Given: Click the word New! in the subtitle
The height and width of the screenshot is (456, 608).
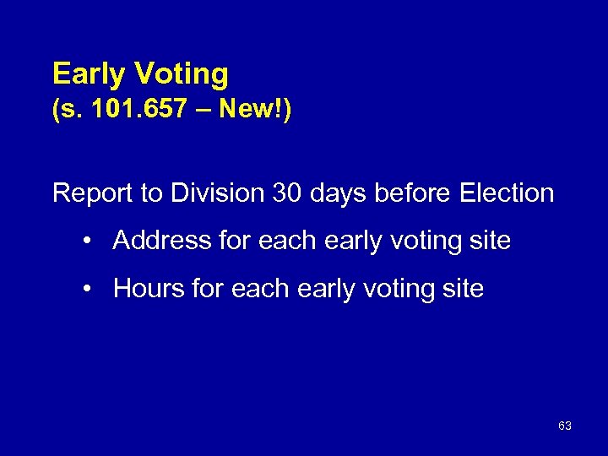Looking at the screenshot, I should pyautogui.click(x=259, y=112).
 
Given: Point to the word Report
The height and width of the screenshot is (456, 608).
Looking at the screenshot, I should pyautogui.click(x=92, y=193).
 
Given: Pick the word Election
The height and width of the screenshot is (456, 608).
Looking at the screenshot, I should pyautogui.click(x=508, y=193).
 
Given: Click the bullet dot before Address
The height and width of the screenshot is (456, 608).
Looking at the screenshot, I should pyautogui.click(x=88, y=242).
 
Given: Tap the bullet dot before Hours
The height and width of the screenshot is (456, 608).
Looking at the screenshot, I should pyautogui.click(x=88, y=290).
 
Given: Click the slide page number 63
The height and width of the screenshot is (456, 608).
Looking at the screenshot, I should pyautogui.click(x=565, y=426).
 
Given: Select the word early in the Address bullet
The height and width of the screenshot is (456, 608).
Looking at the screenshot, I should pyautogui.click(x=347, y=242).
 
